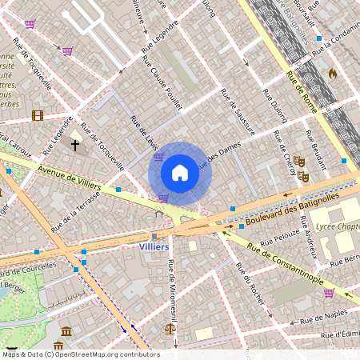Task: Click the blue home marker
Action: pos(180,173)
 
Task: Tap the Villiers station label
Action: pos(154,247)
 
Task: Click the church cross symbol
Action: pos(75,145)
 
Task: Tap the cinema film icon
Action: pos(37,115)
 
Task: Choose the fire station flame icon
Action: pos(332,73)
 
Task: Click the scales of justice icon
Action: pos(170,328)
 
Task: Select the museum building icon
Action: pos(67,331)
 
